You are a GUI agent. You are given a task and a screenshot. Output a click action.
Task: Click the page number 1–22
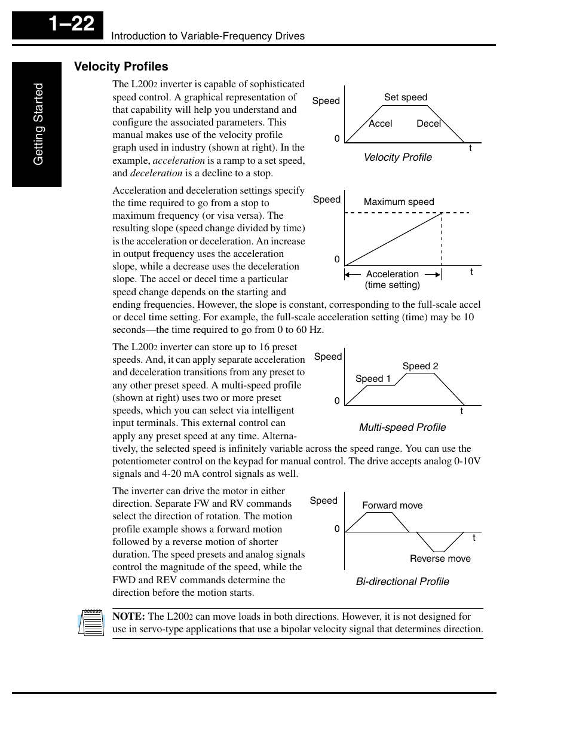pos(71,24)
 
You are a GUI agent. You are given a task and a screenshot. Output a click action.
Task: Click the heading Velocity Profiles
pos(121,66)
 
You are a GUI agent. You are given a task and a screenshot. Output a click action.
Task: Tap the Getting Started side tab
pos(38,124)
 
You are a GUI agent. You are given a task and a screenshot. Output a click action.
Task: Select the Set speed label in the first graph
pos(405,97)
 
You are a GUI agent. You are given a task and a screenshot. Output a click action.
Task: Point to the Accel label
pos(380,123)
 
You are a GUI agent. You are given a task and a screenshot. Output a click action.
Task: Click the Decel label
pos(428,123)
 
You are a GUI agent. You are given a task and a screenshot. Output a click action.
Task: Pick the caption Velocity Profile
pos(397,157)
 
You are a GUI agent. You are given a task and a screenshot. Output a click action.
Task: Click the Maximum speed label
pos(399,201)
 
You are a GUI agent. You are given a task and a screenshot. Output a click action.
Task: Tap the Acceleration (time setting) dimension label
pos(392,279)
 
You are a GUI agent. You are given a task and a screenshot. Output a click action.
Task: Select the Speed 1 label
pos(373,378)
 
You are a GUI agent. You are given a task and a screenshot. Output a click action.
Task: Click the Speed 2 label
pos(420,366)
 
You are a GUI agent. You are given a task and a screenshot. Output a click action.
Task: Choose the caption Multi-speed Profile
pos(402,427)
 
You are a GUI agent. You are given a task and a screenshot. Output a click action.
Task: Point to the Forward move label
pos(392,505)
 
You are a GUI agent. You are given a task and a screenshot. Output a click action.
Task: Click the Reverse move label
pos(440,558)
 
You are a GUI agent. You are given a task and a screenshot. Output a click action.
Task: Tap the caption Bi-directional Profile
pos(402,581)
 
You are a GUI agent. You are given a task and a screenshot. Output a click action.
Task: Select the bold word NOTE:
pos(128,616)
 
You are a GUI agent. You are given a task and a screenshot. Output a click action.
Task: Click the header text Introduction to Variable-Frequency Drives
pos(208,36)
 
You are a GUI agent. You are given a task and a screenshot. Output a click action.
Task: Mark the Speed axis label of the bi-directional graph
pos(323,500)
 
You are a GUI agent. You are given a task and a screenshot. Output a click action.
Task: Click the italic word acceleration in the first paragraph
pos(179,160)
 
